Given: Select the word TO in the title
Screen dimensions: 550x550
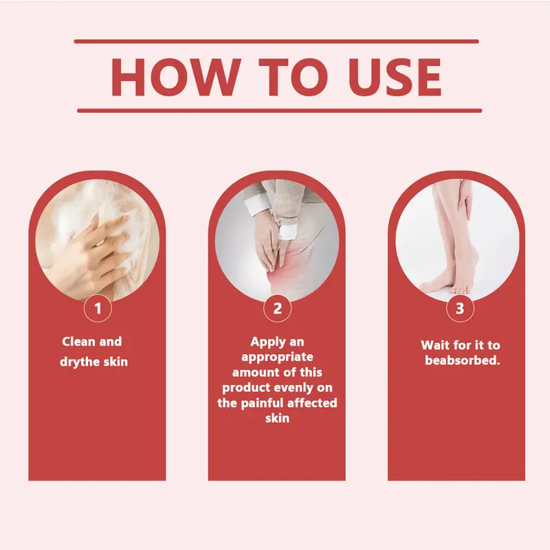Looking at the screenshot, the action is pos(294,77).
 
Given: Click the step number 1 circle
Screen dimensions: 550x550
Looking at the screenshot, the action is pos(98,308).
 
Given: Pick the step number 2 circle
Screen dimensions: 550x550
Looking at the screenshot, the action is pos(278,308).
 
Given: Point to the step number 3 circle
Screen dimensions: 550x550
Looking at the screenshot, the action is pos(460,308).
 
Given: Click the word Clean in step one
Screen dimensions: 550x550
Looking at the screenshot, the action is pos(78,341).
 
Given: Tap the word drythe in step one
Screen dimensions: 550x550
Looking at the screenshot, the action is pos(80,362).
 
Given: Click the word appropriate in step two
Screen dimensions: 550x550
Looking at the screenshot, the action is pos(277,357).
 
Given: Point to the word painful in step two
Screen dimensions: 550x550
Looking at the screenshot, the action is pos(259,403).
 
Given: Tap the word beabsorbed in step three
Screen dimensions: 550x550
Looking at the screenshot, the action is pos(462,360).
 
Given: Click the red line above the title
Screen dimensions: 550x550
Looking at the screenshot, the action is pos(276,41).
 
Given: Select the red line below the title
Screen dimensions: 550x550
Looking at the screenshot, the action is pos(280,111).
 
